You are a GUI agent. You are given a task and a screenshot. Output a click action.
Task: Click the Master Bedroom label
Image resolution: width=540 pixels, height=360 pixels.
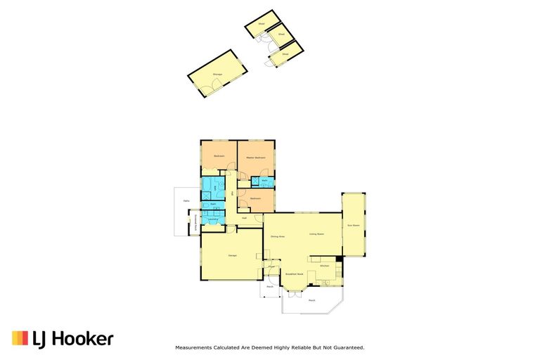click(255, 157)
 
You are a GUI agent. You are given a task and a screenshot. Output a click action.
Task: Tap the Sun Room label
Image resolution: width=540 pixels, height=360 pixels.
click(354, 226)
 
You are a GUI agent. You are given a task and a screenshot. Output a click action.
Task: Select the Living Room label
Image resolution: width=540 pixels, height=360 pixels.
click(316, 234)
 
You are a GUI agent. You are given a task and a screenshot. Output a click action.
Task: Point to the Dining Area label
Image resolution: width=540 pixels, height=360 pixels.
click(277, 236)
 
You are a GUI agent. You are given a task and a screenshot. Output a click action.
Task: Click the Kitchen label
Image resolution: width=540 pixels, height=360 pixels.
click(324, 266)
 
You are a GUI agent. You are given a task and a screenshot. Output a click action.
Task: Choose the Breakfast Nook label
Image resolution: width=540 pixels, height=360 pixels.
click(294, 274)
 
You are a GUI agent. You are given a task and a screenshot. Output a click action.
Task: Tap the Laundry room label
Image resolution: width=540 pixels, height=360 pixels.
click(212, 221)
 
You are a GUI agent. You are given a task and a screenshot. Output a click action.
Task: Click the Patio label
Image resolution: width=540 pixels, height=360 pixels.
click(186, 201)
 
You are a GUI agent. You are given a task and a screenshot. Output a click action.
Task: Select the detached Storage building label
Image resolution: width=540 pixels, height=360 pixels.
click(218, 74)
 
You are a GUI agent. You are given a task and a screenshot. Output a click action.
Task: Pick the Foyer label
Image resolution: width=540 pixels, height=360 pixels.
click(271, 267)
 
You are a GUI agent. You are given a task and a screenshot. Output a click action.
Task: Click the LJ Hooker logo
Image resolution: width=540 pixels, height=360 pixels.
click(63, 339)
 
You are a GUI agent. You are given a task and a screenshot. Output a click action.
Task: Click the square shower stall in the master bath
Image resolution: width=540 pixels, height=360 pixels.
click(256, 181)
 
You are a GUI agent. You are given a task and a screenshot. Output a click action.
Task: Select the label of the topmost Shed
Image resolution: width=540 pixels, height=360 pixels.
click(261, 23)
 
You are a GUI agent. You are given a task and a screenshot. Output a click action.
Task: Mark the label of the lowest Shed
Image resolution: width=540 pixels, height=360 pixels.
click(285, 54)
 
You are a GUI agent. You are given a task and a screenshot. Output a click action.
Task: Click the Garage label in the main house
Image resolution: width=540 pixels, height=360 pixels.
click(232, 255)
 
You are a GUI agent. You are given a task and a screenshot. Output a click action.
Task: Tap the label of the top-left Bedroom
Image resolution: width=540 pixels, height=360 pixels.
click(219, 155)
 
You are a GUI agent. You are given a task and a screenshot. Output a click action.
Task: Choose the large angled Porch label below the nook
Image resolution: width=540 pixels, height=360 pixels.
click(311, 300)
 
